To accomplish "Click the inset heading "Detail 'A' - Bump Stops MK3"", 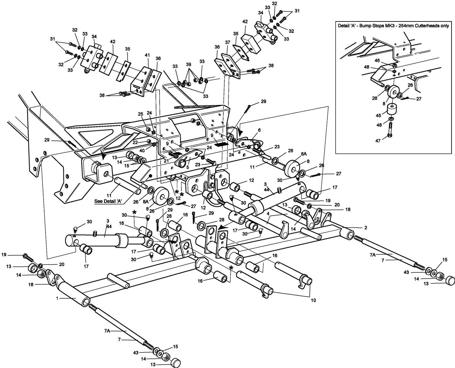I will (x=393, y=26).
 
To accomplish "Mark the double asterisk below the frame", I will (x=179, y=193).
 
